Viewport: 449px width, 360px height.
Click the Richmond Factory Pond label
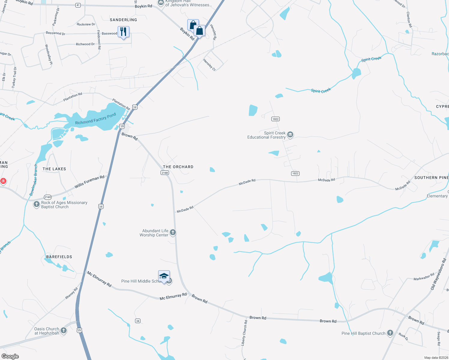point(95,119)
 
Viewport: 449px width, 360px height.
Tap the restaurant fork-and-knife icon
point(123,31)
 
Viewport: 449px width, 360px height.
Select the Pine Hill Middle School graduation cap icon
point(164,276)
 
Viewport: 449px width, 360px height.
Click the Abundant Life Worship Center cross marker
point(173,232)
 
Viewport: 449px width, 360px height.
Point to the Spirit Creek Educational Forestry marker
point(290,135)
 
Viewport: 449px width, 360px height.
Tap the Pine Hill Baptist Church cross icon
point(390,333)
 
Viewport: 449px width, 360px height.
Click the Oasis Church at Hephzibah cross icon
point(64,331)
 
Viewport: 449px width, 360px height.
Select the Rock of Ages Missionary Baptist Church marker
point(37,204)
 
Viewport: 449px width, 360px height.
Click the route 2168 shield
point(165,172)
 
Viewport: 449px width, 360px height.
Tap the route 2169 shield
point(48,197)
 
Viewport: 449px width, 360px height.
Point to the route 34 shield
point(138,321)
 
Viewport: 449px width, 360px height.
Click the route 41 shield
point(78,5)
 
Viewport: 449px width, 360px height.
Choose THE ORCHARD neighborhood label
point(178,167)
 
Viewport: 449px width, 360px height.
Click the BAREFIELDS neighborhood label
point(59,257)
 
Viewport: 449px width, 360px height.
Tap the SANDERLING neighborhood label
point(123,20)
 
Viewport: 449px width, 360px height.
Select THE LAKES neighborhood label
point(54,169)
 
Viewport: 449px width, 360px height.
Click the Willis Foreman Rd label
point(89,182)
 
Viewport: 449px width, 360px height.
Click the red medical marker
point(3,181)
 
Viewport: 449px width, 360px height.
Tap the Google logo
point(10,356)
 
